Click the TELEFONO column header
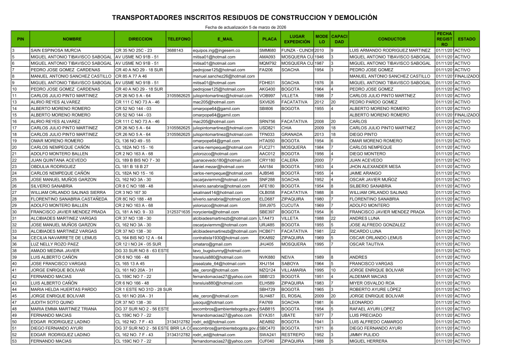(179, 39)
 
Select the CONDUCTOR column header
(392, 39)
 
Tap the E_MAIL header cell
(225, 39)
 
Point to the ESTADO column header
(467, 39)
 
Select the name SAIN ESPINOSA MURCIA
(55, 51)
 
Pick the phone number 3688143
(175, 51)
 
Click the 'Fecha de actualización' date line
(245, 26)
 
